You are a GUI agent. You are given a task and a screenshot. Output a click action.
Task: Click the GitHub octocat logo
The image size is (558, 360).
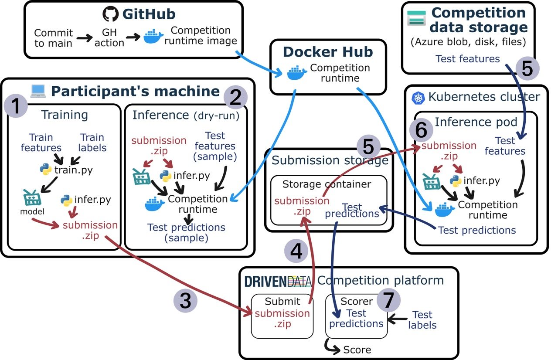(x=111, y=14)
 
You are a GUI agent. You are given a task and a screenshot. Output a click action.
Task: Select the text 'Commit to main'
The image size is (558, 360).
(x=54, y=38)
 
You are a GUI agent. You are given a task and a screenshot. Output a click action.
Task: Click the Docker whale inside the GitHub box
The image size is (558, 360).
(x=154, y=37)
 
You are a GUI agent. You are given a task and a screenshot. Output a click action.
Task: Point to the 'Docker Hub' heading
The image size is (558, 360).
(x=328, y=52)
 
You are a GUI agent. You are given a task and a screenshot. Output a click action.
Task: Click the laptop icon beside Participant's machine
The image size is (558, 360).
(x=38, y=91)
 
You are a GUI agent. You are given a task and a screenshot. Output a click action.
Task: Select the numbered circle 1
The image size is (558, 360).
(x=16, y=107)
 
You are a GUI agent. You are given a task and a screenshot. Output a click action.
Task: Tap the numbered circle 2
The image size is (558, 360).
(x=236, y=98)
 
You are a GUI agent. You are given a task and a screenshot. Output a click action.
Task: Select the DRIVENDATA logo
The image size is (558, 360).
(x=278, y=281)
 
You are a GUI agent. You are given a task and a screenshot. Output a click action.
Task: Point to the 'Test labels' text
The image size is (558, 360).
(x=422, y=320)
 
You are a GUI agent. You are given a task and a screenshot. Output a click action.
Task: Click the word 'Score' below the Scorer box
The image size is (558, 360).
(x=357, y=350)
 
